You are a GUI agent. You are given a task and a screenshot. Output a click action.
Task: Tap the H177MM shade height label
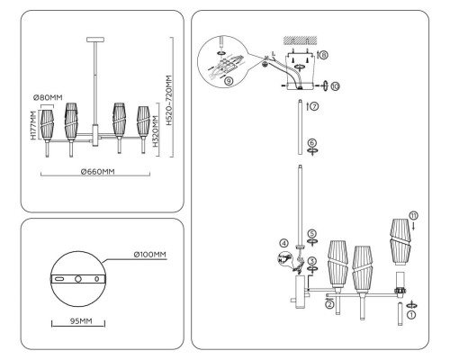tap(32, 126)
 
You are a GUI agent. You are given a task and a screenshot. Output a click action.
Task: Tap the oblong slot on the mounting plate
tap(59, 281)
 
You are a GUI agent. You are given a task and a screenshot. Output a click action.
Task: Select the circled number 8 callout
tap(323, 55)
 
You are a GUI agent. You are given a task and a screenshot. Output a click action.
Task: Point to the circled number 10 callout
tap(337, 86)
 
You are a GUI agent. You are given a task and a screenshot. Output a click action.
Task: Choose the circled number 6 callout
tap(310, 142)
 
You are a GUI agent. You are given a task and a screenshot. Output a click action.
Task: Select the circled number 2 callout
tap(329, 304)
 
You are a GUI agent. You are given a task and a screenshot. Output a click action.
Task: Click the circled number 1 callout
tap(411, 315)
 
